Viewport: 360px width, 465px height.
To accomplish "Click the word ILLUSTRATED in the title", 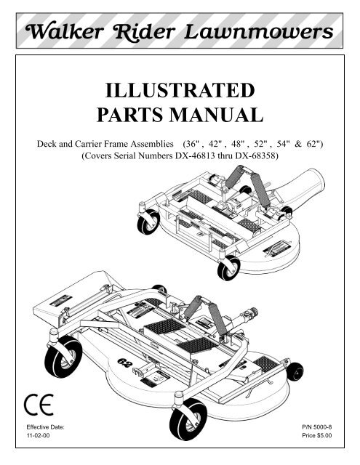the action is coord(180,90).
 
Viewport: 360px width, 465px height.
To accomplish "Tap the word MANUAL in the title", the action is coord(216,115).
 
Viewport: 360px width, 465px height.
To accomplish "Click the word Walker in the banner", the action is coord(65,31).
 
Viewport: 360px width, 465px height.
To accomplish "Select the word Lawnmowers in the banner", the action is coord(258,32).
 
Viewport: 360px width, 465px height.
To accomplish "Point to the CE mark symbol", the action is coord(39,405).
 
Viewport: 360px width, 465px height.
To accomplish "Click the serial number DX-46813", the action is coord(195,155).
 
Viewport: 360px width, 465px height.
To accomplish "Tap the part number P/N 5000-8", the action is coord(317,427).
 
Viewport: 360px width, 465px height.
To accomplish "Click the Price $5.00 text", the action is coord(317,435).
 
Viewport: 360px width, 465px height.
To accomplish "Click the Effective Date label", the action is coord(45,427).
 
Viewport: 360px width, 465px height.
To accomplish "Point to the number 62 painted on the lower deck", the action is coord(124,363).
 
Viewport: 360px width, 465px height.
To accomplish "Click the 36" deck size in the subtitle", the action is coord(191,144).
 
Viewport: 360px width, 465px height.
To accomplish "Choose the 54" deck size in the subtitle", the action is coord(282,144).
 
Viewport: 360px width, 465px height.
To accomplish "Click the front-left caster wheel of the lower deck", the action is coord(63,357).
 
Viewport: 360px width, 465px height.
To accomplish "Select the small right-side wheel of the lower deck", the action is coord(295,371).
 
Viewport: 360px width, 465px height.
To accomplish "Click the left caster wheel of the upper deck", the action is coord(148,222).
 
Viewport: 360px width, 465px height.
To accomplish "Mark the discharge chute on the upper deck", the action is coord(300,186).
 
